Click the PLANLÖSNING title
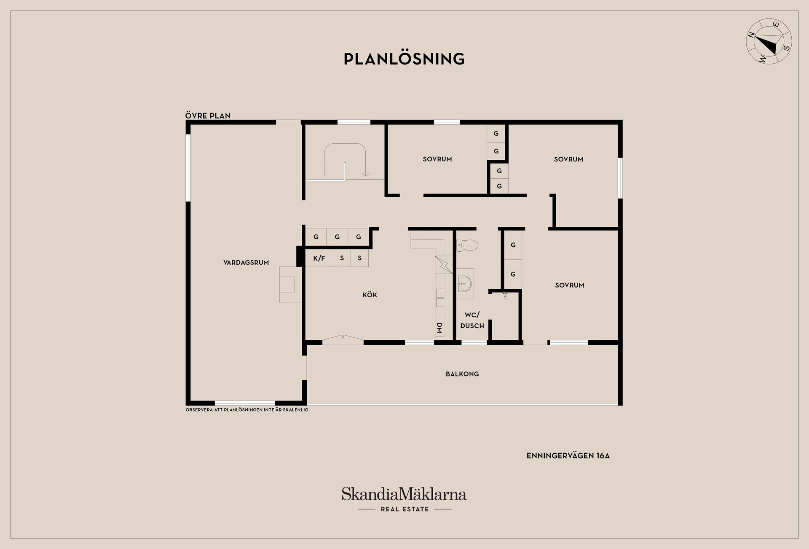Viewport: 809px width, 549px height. (404, 59)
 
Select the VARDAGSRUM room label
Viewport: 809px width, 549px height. (246, 262)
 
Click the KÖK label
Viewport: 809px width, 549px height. (370, 294)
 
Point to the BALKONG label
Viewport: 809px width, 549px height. (462, 374)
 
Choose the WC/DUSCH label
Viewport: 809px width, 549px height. (472, 320)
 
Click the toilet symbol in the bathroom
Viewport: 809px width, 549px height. (467, 245)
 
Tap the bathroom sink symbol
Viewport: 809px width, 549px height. (465, 284)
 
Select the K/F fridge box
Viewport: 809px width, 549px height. (319, 258)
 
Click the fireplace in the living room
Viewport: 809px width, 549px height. (290, 284)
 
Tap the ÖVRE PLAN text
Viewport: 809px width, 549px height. (208, 116)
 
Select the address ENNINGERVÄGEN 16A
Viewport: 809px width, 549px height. (568, 456)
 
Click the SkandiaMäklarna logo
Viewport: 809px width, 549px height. (404, 494)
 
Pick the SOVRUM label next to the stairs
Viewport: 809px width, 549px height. (437, 159)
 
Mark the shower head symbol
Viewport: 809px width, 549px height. (505, 296)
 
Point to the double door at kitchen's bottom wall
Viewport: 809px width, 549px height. (343, 339)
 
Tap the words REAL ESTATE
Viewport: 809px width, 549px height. (404, 509)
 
